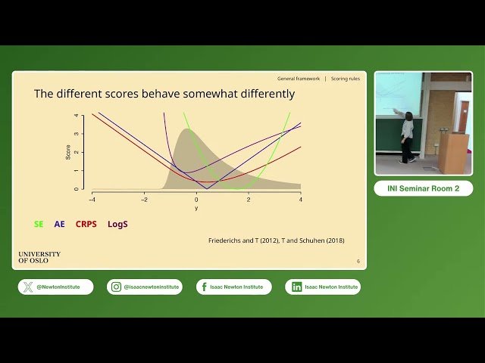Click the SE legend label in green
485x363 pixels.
(x=39, y=224)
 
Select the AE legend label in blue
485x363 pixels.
(x=59, y=224)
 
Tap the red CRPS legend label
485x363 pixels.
(x=86, y=224)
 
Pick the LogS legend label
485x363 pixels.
(x=117, y=224)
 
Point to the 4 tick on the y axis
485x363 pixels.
(x=76, y=116)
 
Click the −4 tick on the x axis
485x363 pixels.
(x=92, y=200)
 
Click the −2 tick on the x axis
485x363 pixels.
(x=144, y=200)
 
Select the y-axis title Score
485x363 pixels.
(x=67, y=151)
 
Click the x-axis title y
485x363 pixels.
(x=196, y=208)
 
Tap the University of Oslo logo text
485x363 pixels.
(x=39, y=257)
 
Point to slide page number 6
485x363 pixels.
(x=358, y=261)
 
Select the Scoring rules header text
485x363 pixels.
(x=346, y=79)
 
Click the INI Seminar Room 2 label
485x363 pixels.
(x=423, y=188)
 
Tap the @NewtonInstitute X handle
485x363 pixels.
(x=56, y=287)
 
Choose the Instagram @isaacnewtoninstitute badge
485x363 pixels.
(x=145, y=287)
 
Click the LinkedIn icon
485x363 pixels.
(x=297, y=287)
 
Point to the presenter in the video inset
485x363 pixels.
(x=408, y=136)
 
